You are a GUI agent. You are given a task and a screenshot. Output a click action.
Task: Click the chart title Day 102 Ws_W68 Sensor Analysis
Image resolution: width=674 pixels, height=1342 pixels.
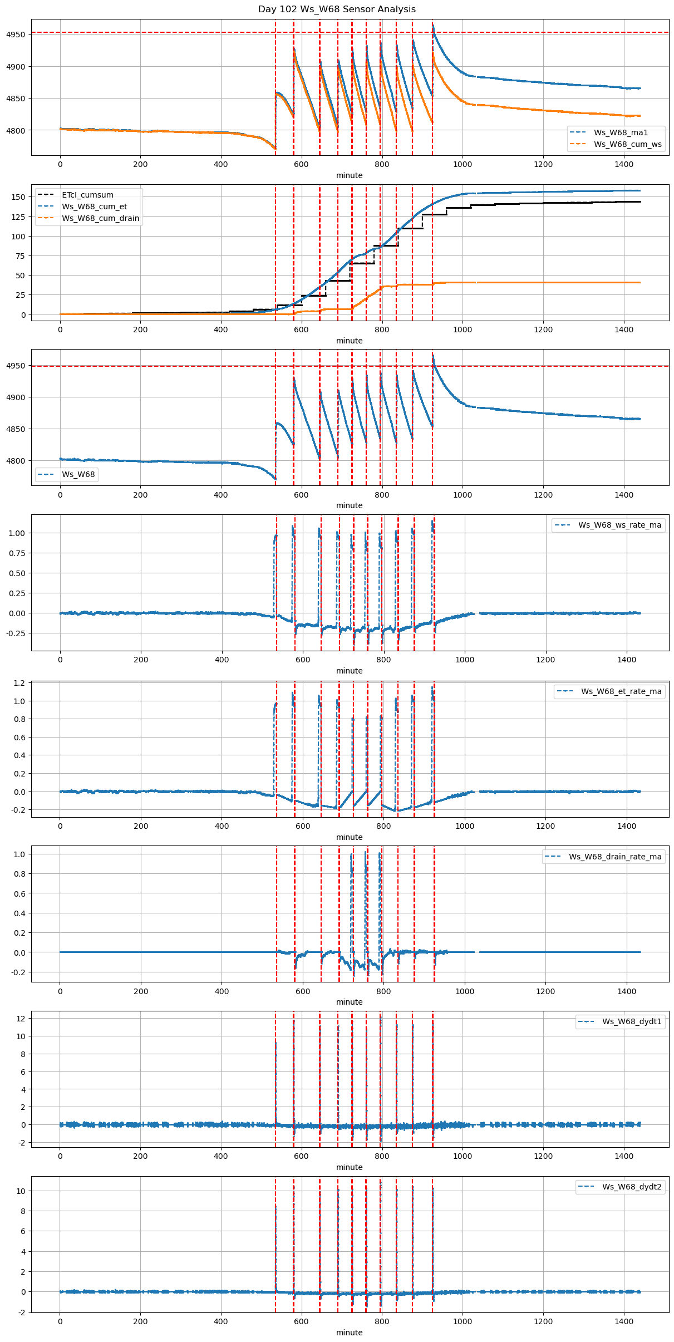[x=337, y=9]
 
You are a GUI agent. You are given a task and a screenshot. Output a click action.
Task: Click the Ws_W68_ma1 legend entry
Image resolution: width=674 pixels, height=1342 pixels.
[x=621, y=132]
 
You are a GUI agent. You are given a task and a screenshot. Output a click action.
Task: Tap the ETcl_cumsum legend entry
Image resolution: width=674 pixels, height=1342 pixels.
[x=87, y=195]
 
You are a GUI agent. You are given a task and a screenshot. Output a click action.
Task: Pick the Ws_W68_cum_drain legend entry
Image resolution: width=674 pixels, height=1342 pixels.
[x=100, y=218]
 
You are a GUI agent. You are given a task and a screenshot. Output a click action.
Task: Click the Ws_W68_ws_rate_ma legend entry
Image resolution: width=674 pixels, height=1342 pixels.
[x=619, y=525]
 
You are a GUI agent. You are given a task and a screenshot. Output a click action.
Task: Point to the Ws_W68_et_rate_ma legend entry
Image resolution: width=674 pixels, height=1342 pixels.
[x=621, y=691]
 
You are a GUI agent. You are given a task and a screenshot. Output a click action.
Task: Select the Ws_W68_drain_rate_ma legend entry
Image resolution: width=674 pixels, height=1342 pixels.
[x=615, y=857]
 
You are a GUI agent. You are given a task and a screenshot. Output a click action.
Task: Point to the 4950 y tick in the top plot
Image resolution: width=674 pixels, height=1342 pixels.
[x=16, y=35]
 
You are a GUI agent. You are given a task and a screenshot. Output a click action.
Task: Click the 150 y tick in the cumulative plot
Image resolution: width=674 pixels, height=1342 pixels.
[x=18, y=197]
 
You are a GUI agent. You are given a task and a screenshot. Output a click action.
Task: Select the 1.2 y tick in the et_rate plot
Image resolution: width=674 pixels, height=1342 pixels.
[x=19, y=683]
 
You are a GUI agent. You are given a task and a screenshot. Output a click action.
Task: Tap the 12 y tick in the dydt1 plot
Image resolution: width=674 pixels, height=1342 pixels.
[x=21, y=1018]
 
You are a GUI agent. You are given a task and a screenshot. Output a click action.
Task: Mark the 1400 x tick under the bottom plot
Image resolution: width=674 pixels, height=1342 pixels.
[x=624, y=1321]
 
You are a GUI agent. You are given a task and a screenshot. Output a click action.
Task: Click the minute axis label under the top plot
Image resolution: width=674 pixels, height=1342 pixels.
[x=349, y=175]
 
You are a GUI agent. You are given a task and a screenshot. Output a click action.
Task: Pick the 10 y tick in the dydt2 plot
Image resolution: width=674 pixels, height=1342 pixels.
[x=21, y=1191]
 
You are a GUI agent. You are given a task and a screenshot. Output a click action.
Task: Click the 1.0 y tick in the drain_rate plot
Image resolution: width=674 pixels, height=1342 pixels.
[x=19, y=854]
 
